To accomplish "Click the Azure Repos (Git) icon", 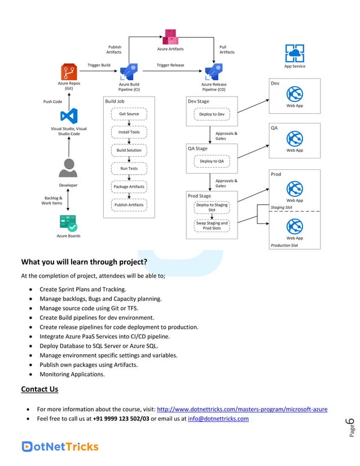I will pyautogui.click(x=69, y=72).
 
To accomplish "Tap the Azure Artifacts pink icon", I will pyautogui.click(x=170, y=37).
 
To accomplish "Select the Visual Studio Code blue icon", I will pyautogui.click(x=69, y=117).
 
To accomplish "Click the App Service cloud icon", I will pyautogui.click(x=295, y=54).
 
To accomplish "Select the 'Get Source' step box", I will pyautogui.click(x=129, y=114).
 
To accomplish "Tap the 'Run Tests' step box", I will pyautogui.click(x=129, y=168).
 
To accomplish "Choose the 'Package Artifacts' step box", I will pyautogui.click(x=129, y=186).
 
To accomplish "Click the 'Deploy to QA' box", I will pyautogui.click(x=212, y=161).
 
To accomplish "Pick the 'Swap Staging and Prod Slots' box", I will pyautogui.click(x=212, y=226).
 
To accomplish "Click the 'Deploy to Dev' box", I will pyautogui.click(x=212, y=114).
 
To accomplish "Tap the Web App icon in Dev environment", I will pyautogui.click(x=295, y=94).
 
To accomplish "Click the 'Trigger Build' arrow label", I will pyautogui.click(x=99, y=65).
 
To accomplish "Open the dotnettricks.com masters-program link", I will pyautogui.click(x=242, y=409).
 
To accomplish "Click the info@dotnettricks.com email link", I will pyautogui.click(x=218, y=419).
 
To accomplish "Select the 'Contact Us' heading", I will pyautogui.click(x=39, y=389).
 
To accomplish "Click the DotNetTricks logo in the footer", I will pyautogui.click(x=60, y=446).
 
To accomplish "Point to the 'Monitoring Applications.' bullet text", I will pyautogui.click(x=72, y=374).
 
